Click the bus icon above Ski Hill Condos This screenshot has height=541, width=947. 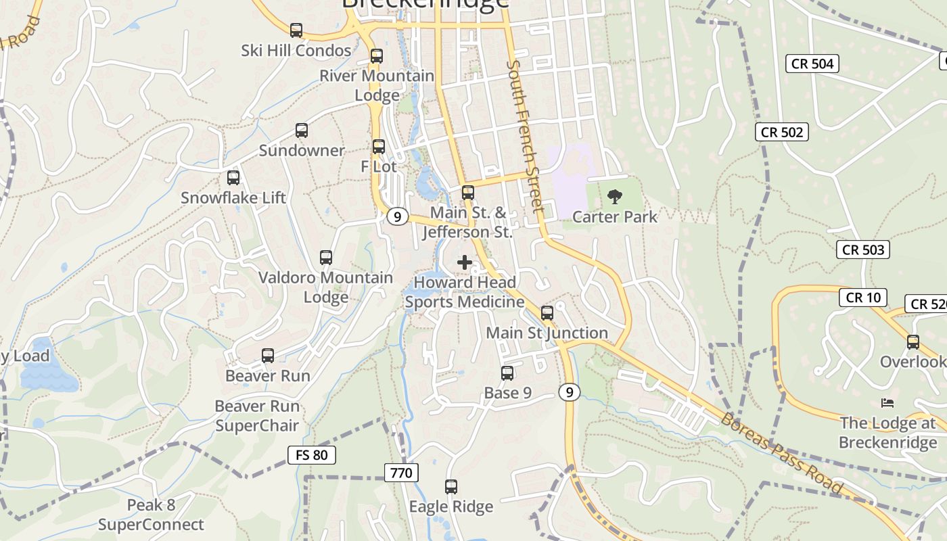pyautogui.click(x=296, y=30)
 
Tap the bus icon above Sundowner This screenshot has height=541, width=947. pyautogui.click(x=302, y=131)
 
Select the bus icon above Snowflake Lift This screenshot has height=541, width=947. pyautogui.click(x=233, y=178)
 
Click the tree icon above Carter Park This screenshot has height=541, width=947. pyautogui.click(x=615, y=197)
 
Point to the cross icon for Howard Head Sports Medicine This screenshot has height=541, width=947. pyautogui.click(x=465, y=262)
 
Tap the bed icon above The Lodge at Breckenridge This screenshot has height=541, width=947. pyautogui.click(x=887, y=403)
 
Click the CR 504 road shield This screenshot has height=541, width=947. pyautogui.click(x=812, y=64)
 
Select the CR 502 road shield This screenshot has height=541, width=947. pyautogui.click(x=782, y=133)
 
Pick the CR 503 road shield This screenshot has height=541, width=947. pyautogui.click(x=863, y=250)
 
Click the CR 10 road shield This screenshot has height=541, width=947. pyautogui.click(x=863, y=297)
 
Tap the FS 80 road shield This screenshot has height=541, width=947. pyautogui.click(x=312, y=455)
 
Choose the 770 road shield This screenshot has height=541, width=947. pyautogui.click(x=401, y=473)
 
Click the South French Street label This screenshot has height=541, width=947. pyautogui.click(x=525, y=135)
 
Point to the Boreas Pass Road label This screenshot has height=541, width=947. pyautogui.click(x=781, y=452)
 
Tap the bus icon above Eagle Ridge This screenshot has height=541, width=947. pyautogui.click(x=451, y=486)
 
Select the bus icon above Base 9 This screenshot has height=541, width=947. pyautogui.click(x=507, y=373)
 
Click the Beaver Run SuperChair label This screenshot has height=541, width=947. pyautogui.click(x=257, y=416)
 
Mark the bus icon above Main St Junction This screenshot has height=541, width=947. pyautogui.click(x=547, y=313)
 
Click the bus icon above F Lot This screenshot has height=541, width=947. pyautogui.click(x=379, y=147)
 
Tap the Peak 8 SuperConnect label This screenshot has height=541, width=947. pyautogui.click(x=151, y=515)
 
